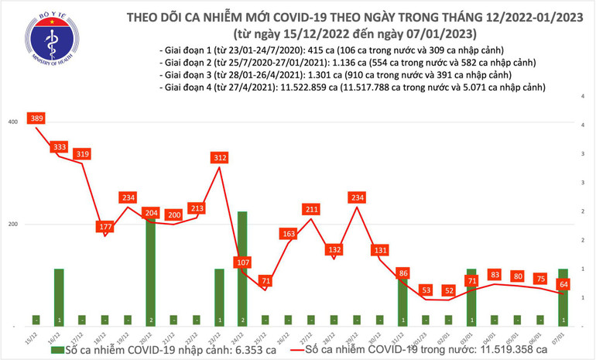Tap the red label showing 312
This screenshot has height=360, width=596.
[220, 158]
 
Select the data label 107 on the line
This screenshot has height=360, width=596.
[243, 262]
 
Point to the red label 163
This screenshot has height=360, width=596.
[289, 233]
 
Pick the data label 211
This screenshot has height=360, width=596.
[311, 209]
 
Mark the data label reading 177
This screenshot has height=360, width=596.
[104, 227]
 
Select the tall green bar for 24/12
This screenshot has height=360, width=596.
[242, 267]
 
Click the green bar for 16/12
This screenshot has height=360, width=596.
[59, 297]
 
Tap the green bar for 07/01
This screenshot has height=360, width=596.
[563, 297]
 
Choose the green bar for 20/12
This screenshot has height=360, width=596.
[150, 271]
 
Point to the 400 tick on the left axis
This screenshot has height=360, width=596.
[13, 122]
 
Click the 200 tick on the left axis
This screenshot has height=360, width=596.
[13, 225]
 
